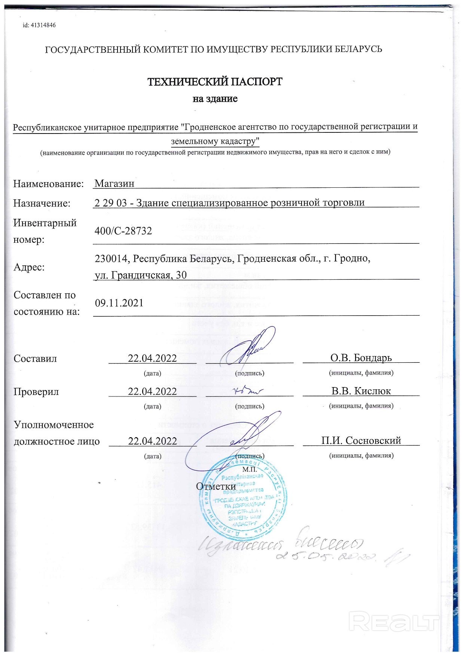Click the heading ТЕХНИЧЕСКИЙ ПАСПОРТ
point(215,82)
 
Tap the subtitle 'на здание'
point(215,99)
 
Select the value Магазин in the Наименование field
point(114,183)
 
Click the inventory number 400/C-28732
point(123,231)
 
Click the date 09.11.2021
point(119,303)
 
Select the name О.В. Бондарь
point(361,358)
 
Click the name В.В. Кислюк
point(361,391)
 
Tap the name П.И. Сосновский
point(361,441)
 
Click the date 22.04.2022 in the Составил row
point(152,358)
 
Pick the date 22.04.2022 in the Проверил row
point(152,392)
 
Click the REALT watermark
point(394,622)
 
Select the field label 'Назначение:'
point(42,203)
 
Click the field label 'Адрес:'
point(29,267)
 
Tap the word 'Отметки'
point(216,486)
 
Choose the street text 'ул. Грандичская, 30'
point(141,275)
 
